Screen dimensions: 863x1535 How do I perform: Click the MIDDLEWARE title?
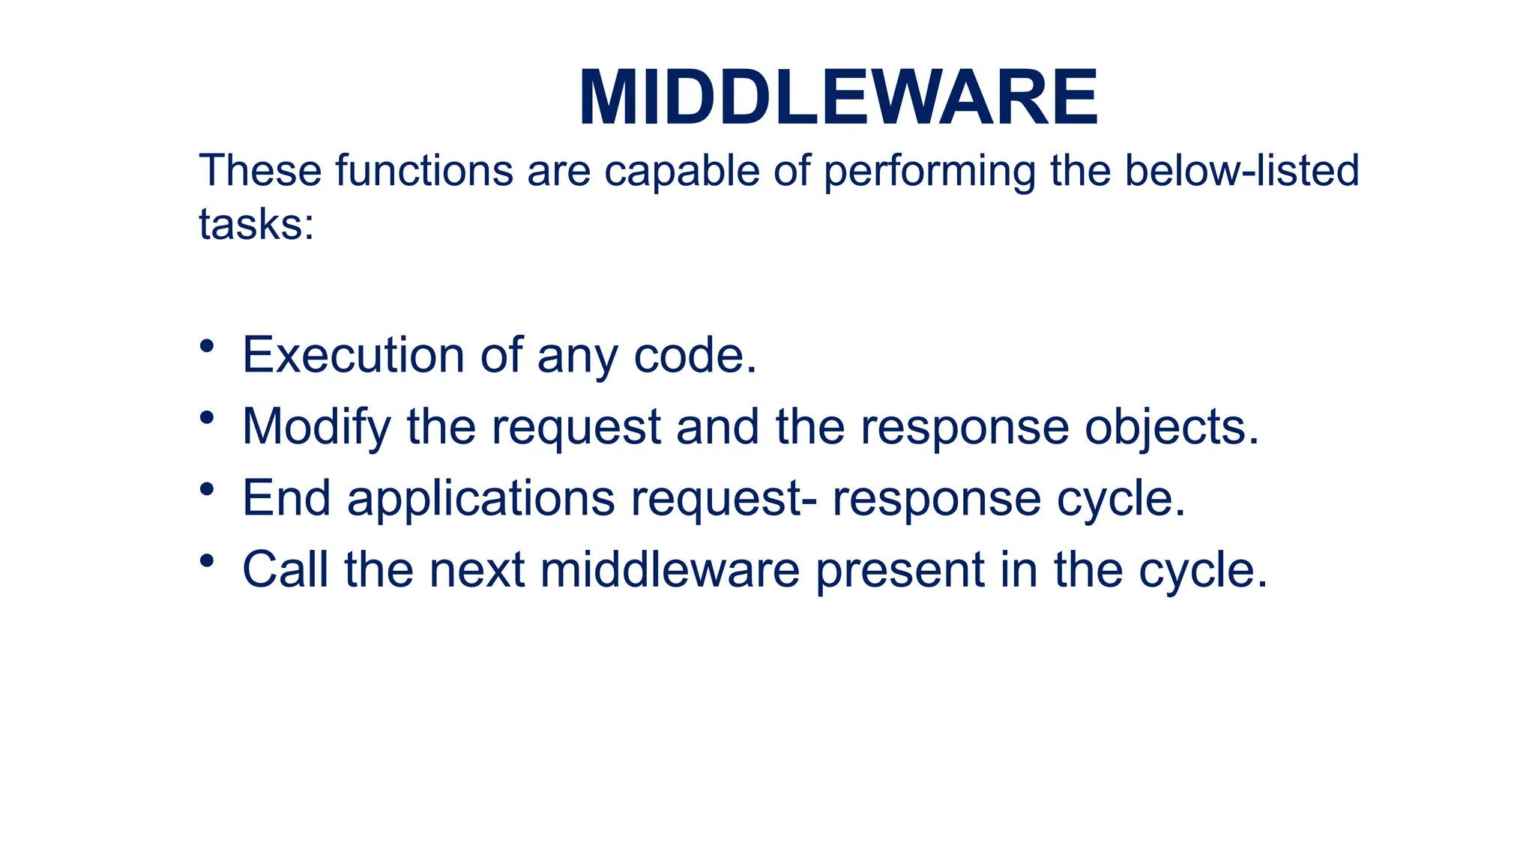838,99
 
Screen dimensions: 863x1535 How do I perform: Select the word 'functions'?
423,171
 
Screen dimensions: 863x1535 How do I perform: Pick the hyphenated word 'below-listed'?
1241,171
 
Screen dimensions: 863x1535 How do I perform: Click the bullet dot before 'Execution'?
208,346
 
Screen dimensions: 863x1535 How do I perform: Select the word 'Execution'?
352,355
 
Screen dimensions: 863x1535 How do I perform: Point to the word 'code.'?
695,355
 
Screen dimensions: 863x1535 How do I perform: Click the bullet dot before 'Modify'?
208,418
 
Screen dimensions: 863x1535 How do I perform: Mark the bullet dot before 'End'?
208,489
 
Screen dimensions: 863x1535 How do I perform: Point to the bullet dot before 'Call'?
208,560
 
